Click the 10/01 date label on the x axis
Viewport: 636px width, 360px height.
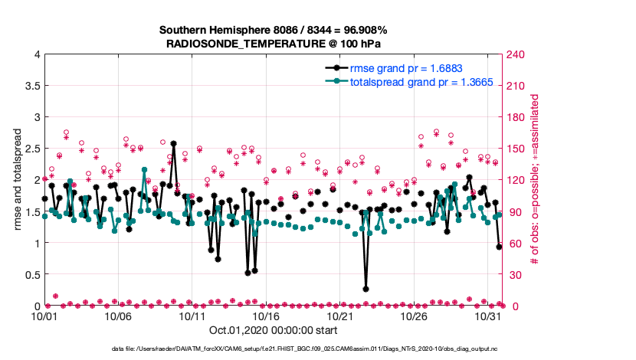click(44, 316)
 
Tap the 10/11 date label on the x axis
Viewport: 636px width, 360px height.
click(192, 316)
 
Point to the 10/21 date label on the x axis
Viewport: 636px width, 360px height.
click(340, 316)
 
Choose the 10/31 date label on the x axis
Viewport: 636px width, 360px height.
click(488, 316)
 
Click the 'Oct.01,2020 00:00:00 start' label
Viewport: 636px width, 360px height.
click(272, 331)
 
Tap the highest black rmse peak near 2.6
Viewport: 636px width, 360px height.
click(174, 143)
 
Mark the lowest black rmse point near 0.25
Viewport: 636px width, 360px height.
click(366, 290)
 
